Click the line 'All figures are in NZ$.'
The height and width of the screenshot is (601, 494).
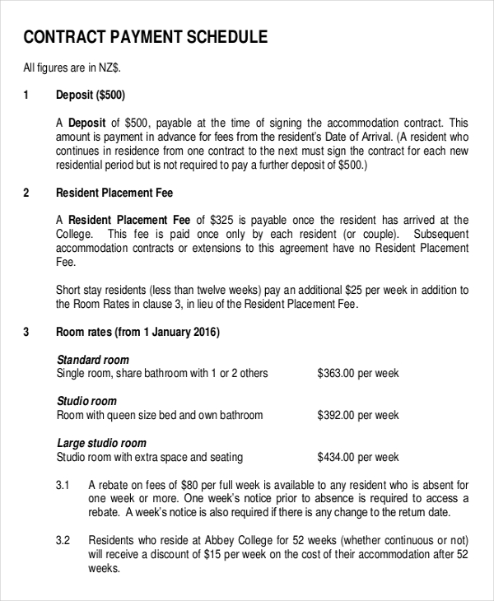(x=77, y=68)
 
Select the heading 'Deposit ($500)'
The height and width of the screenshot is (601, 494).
(x=91, y=95)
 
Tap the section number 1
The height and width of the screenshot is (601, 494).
(x=26, y=95)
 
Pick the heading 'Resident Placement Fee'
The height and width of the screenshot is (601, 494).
(x=114, y=193)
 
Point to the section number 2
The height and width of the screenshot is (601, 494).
(x=26, y=193)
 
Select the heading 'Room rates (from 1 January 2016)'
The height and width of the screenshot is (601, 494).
(x=137, y=333)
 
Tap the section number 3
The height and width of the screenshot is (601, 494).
(x=26, y=333)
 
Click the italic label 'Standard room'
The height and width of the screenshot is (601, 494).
(x=92, y=360)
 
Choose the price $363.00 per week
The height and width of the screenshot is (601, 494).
(x=357, y=373)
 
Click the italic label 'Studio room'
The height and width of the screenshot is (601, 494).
(x=86, y=401)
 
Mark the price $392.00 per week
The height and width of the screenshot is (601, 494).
(x=357, y=415)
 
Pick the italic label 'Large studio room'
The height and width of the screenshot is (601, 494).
(x=101, y=443)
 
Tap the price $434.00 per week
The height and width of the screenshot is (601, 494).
(x=357, y=457)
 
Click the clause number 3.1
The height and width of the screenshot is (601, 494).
(x=63, y=485)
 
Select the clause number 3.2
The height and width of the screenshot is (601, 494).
(x=63, y=541)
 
